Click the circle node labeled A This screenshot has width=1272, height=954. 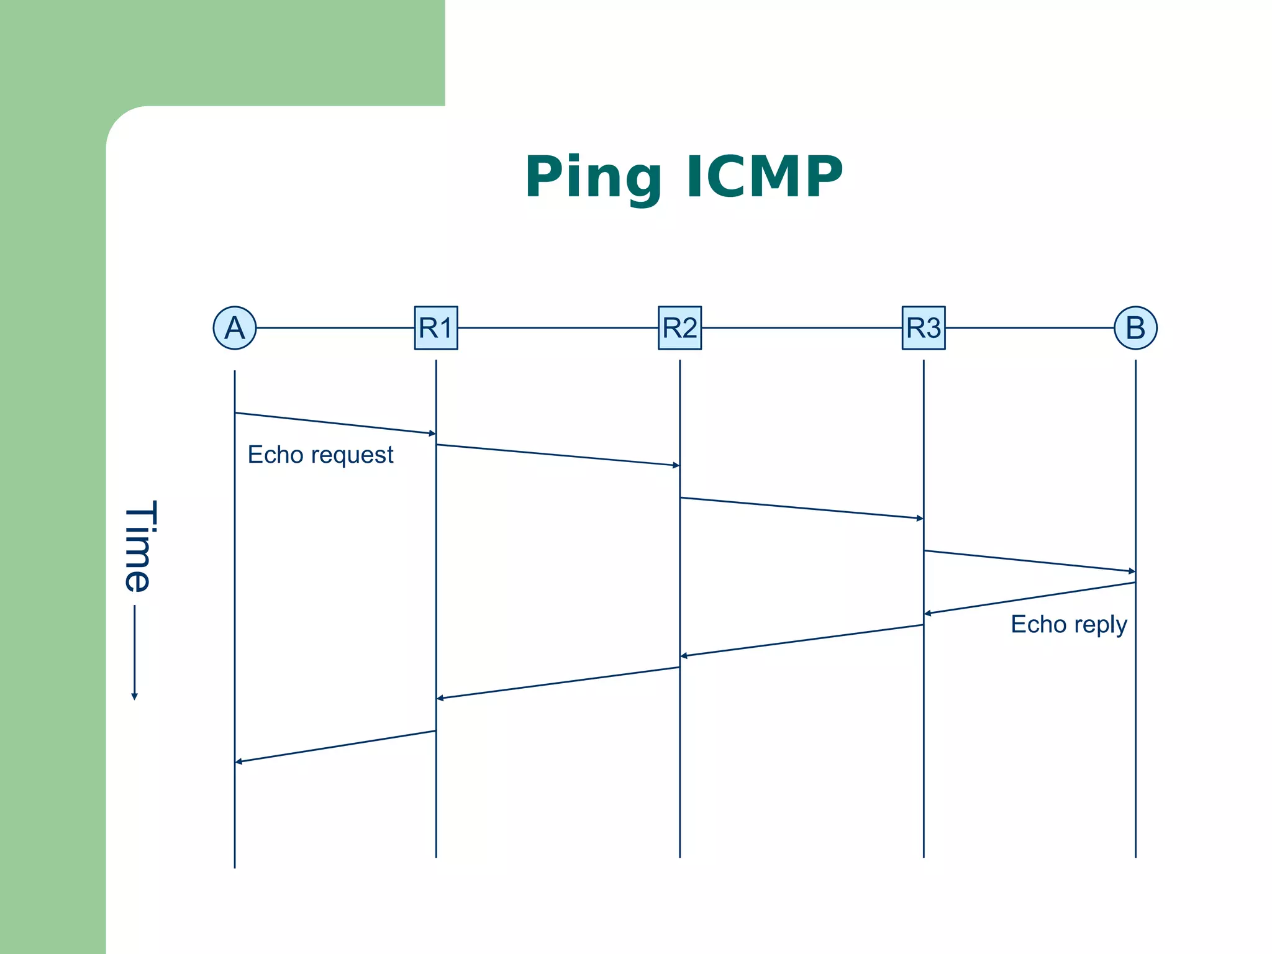[x=235, y=328]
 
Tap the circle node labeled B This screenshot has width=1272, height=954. [x=1135, y=328]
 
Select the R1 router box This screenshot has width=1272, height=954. [x=436, y=328]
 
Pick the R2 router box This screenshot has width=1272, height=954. [x=679, y=328]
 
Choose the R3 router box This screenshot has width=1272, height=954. [x=924, y=328]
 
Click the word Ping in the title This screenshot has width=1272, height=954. [x=593, y=178]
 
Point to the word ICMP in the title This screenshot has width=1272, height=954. [x=765, y=178]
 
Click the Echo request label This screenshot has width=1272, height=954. [x=320, y=455]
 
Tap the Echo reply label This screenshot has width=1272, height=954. [x=1068, y=625]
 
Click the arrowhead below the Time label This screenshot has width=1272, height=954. [x=134, y=696]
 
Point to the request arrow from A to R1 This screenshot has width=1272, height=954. [x=335, y=423]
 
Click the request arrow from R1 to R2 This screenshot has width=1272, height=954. [x=558, y=455]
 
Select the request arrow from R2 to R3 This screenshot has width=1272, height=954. [x=801, y=507]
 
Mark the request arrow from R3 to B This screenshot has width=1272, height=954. [x=1029, y=561]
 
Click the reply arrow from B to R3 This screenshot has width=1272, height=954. [x=1029, y=598]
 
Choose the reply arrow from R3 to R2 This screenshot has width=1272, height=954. [x=801, y=640]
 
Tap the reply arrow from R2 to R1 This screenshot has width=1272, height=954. [x=558, y=683]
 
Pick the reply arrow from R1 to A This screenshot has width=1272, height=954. [x=335, y=747]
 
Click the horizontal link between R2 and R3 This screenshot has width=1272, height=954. [x=801, y=328]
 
